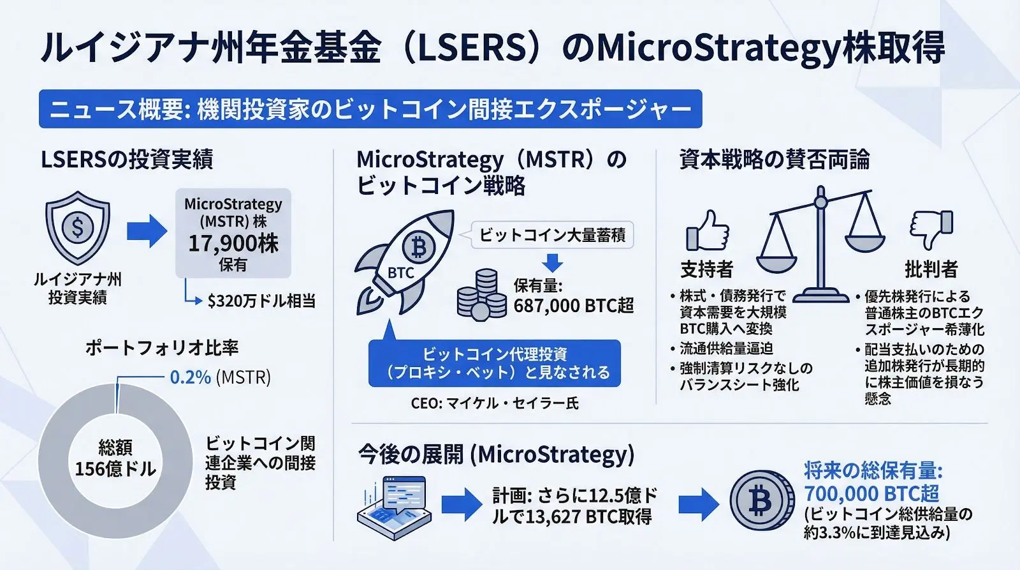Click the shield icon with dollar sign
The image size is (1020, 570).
coord(78,227)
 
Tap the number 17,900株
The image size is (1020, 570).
coord(233,243)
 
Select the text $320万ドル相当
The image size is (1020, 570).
coord(261,301)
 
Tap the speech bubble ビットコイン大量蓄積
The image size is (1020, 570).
coord(552,235)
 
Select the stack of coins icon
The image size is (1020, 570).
coord(482,295)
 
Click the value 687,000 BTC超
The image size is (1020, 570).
coord(574,306)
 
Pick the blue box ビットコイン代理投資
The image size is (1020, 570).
coord(495,363)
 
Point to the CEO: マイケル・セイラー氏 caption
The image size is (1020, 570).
coord(495,403)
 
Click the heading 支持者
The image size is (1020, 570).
coord(706,269)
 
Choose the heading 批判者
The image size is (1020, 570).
coord(931,269)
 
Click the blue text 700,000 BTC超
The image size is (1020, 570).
coord(871,493)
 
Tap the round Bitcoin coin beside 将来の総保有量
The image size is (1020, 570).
coord(759,502)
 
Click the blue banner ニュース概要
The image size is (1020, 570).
coord(370,109)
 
